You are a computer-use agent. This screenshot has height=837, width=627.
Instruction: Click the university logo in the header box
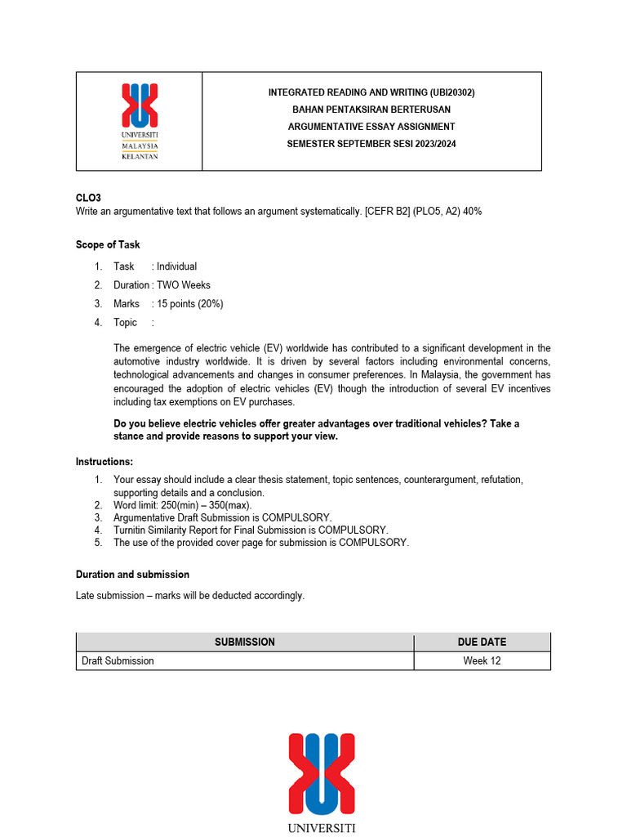pos(140,121)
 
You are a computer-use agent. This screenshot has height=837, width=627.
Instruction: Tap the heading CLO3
pos(88,198)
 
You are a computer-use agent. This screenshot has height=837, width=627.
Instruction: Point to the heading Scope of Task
pos(108,244)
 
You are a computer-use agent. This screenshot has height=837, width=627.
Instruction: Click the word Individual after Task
pos(176,266)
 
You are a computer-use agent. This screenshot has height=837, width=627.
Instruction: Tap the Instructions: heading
pos(104,462)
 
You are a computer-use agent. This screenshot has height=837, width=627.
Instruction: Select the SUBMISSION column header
pos(245,642)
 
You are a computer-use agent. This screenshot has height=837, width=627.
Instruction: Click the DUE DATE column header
pos(482,642)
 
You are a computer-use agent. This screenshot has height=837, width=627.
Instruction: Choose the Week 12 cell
pos(482,660)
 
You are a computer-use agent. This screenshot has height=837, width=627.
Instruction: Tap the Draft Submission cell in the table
pos(118,660)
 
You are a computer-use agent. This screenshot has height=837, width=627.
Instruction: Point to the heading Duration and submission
pos(132,575)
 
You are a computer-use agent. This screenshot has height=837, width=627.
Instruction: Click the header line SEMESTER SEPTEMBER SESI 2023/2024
pos(371,144)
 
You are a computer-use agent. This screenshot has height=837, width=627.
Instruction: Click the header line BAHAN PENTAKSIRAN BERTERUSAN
pos(371,110)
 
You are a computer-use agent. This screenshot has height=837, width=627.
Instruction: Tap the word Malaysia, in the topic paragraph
pos(444,375)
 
